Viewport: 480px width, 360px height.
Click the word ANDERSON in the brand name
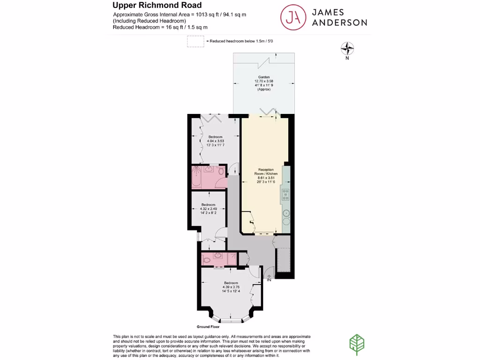(x=339, y=22)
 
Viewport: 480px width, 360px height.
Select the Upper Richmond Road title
(x=157, y=6)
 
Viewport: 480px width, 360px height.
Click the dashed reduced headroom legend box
(x=195, y=41)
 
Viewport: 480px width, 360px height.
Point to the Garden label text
(x=264, y=77)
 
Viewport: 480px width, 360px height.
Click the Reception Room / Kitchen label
(x=265, y=172)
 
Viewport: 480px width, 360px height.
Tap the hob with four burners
(x=285, y=194)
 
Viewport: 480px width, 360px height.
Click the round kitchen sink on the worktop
(x=286, y=217)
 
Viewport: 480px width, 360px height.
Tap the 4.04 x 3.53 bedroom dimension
(x=216, y=141)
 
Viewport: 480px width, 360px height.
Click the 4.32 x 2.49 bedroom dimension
(x=209, y=209)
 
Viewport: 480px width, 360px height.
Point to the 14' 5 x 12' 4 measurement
(x=231, y=291)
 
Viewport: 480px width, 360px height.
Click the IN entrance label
(x=269, y=280)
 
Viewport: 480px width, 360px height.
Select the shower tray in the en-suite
(x=232, y=258)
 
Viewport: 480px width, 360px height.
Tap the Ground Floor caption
(x=208, y=326)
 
